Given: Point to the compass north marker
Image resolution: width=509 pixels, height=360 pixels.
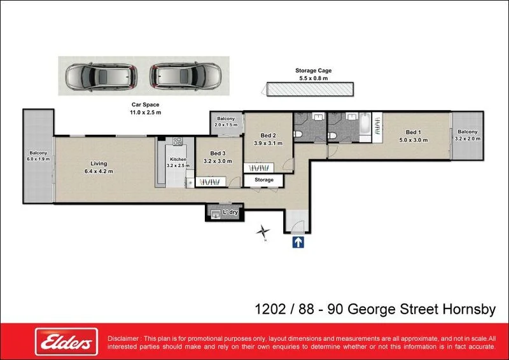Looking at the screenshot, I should [263, 233].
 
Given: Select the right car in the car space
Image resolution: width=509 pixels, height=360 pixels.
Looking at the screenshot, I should [184, 76].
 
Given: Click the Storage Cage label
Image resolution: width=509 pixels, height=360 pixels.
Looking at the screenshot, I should [313, 71].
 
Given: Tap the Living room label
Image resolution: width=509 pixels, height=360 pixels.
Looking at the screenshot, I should [99, 163].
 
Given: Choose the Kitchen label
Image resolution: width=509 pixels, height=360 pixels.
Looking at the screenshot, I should [178, 159].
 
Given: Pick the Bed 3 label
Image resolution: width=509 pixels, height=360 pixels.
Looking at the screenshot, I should [218, 153].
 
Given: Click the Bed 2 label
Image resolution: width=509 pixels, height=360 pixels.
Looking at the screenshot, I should [268, 135].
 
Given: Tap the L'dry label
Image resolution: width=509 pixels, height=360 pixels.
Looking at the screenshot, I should [229, 212].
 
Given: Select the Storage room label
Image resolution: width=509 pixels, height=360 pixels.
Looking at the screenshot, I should [264, 180].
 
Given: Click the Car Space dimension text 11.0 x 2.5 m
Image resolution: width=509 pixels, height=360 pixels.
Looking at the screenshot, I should [142, 112].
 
